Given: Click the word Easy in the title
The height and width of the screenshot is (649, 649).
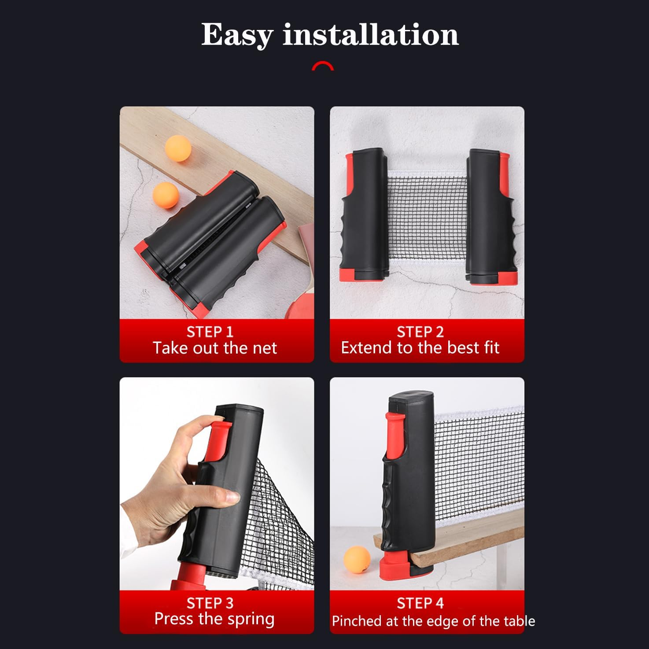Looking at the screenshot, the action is coord(237,36).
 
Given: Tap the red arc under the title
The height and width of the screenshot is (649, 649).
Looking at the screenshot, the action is coord(323,65).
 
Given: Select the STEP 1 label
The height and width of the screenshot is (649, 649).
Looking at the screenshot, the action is coord(210,332).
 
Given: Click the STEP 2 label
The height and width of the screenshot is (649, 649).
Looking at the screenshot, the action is coord(420,332).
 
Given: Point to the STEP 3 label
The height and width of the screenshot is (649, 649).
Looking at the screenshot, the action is coord(210,603).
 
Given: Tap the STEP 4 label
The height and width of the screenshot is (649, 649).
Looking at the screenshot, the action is coord(420,603).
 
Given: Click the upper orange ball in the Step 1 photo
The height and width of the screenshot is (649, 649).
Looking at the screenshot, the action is coord(178,148).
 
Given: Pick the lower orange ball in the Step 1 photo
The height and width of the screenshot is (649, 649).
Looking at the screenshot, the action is coord(166,195).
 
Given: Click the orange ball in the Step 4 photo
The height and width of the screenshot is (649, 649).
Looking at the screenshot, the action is coord(357,560).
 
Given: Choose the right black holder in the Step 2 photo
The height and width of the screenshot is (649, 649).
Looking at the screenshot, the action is coord(492,217).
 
